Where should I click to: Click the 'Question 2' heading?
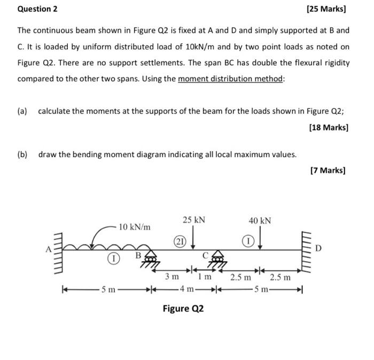coord(37,9)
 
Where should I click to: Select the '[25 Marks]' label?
coord(327,9)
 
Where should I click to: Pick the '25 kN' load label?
coord(193,220)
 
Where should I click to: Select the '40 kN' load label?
coord(260,220)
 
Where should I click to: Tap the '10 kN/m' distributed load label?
coord(134,227)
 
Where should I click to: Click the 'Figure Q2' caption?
coord(183,309)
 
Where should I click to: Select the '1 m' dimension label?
coord(205,277)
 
